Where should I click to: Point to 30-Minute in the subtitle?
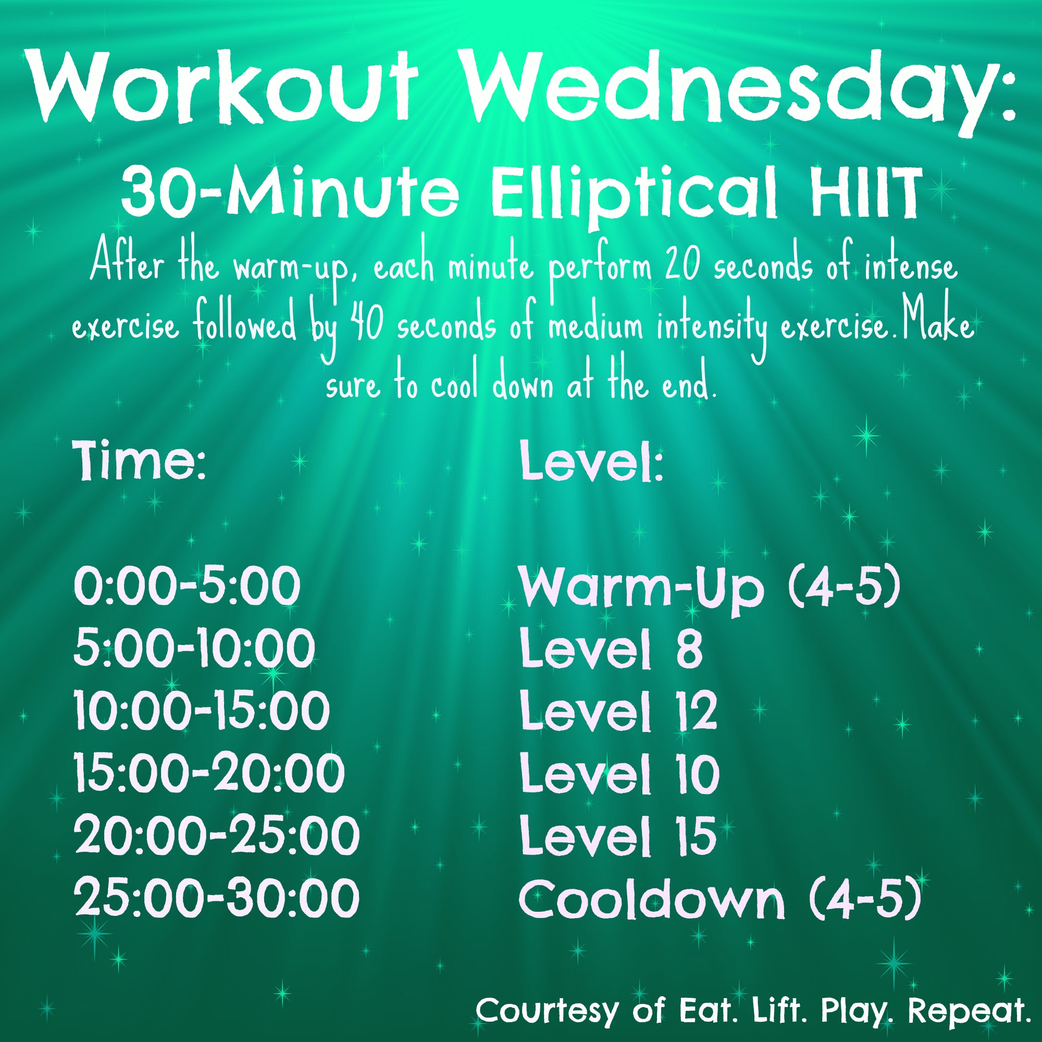tap(290, 191)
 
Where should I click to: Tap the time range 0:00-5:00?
tap(187, 586)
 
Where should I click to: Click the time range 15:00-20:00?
tap(209, 773)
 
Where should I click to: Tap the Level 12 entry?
tap(618, 710)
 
